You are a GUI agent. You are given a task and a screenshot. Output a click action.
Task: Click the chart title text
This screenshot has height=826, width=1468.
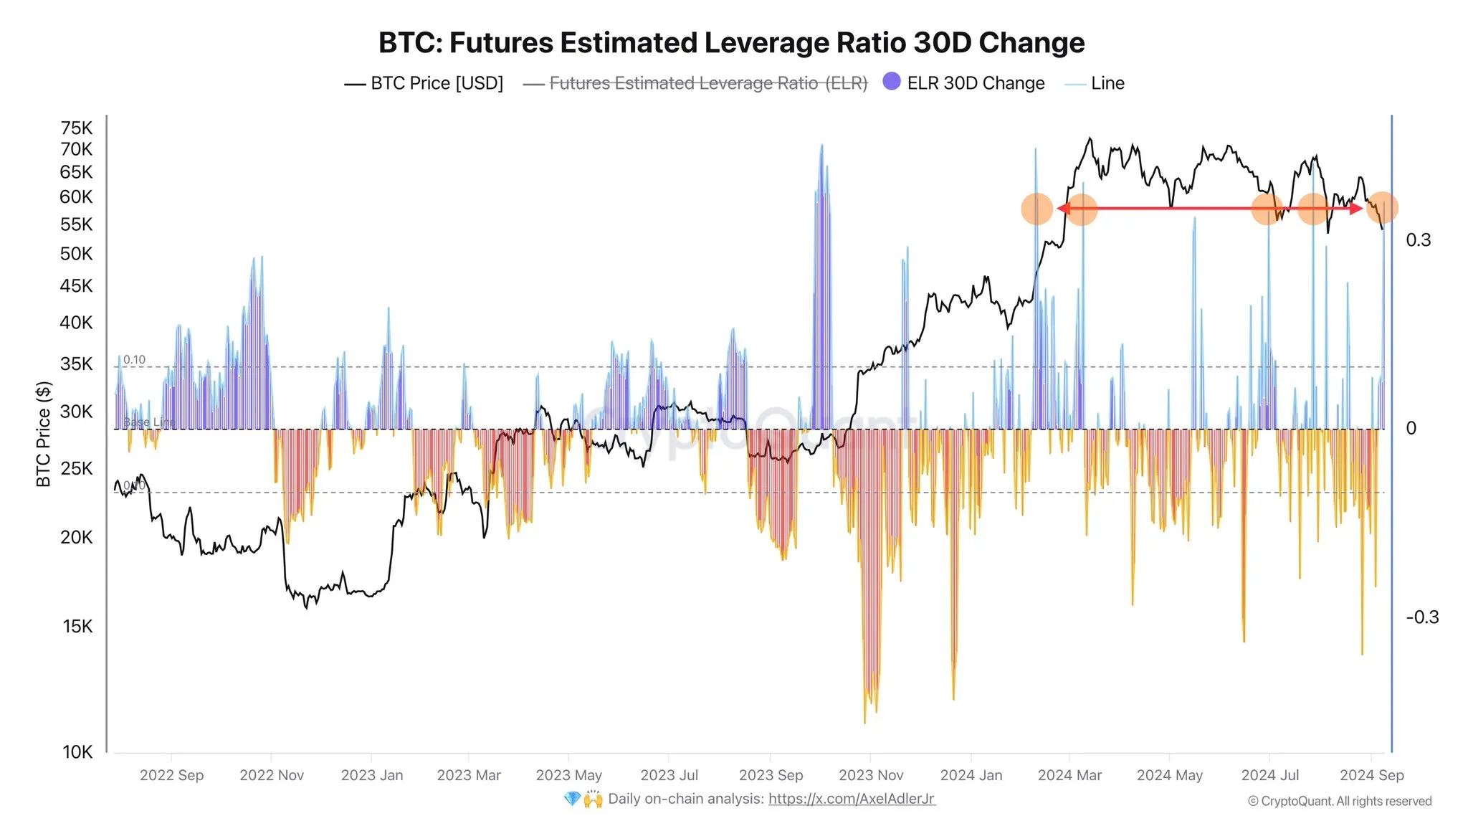(731, 43)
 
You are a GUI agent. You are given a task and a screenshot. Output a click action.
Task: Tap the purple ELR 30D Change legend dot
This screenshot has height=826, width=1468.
(892, 82)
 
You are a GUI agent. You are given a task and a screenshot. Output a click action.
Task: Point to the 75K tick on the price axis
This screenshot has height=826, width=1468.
(77, 128)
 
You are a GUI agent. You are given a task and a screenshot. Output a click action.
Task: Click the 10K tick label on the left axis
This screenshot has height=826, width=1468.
(77, 751)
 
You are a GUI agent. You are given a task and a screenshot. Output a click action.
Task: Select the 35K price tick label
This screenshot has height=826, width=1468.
(77, 364)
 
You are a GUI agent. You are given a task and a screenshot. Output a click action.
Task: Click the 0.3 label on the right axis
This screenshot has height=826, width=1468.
(1418, 240)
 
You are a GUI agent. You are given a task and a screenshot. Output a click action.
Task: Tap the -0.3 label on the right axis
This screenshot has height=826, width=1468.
(1421, 617)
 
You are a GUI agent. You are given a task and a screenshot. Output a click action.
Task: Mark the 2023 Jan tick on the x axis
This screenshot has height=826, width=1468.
(371, 775)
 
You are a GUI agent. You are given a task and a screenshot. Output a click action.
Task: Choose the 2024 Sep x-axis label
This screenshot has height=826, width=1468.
(1371, 775)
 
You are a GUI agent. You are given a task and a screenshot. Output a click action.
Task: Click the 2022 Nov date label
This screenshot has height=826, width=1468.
(272, 775)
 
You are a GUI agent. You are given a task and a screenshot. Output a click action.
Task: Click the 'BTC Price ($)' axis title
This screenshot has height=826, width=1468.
(44, 435)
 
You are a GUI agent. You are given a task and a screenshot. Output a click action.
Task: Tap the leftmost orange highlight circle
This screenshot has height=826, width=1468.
(1036, 209)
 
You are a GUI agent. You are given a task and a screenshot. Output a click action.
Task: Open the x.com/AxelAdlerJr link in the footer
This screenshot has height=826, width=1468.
(851, 799)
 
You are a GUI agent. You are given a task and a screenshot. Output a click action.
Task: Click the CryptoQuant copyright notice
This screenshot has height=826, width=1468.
(1339, 801)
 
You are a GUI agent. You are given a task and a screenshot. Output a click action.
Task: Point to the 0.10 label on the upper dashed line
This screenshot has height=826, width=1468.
(134, 360)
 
